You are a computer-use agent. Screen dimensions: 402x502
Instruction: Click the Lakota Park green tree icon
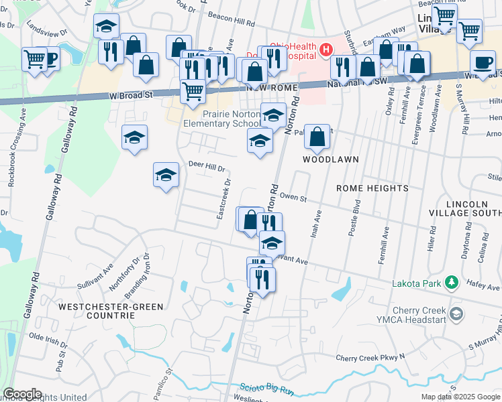click(452, 282)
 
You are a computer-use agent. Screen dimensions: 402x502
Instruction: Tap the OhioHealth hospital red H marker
click(326, 50)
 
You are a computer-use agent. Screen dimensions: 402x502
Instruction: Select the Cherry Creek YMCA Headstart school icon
click(456, 314)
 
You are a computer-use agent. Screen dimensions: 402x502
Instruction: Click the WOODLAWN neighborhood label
click(330, 160)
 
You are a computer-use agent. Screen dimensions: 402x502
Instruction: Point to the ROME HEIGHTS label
click(372, 188)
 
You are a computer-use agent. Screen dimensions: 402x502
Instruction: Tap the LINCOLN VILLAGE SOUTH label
click(465, 208)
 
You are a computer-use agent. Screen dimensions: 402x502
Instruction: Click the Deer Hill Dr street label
click(206, 165)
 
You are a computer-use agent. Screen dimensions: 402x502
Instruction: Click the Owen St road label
click(293, 198)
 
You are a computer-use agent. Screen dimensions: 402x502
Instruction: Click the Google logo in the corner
click(22, 394)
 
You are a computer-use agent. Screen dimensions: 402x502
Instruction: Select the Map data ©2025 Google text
click(460, 397)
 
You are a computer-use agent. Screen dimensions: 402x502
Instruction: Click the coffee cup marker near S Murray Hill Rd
click(483, 64)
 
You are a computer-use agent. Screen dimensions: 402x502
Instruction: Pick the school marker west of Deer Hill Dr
click(166, 176)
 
